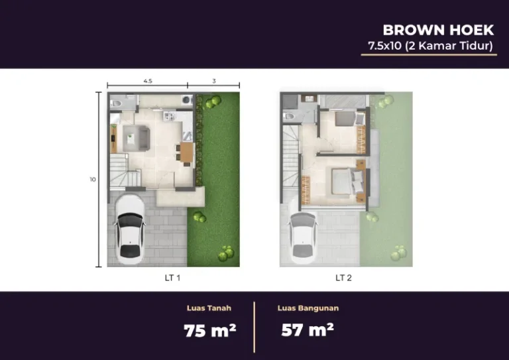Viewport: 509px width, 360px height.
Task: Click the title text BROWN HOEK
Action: tap(438, 30)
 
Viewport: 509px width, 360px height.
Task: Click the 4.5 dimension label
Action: tap(148, 81)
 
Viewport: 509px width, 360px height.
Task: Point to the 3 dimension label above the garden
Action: tap(214, 81)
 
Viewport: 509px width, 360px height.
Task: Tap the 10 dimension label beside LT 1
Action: tap(93, 179)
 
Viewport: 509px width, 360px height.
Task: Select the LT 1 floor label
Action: tap(172, 278)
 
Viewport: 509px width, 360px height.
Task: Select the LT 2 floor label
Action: tap(343, 278)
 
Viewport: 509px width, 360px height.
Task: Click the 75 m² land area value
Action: tap(209, 331)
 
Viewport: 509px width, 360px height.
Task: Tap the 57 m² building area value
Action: tap(308, 330)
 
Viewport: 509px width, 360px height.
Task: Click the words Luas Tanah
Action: tap(209, 308)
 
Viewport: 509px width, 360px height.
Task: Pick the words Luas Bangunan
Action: tap(308, 308)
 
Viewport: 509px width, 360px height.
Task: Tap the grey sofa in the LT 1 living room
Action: tap(144, 139)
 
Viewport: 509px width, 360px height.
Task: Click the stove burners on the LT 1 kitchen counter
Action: tap(170, 116)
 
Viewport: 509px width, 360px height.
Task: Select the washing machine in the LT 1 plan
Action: tap(187, 99)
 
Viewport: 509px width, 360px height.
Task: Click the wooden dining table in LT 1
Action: tap(187, 152)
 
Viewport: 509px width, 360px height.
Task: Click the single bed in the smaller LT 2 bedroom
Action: tap(350, 119)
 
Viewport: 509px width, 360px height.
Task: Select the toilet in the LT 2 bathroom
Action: tap(289, 116)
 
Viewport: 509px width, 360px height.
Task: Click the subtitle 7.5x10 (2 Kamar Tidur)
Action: tap(430, 46)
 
